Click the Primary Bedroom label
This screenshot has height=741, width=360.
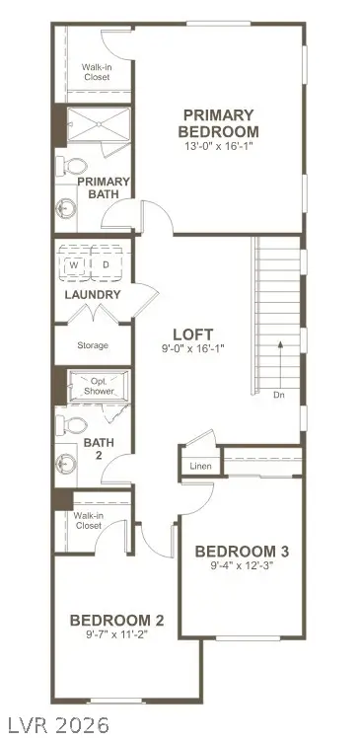coord(217,123)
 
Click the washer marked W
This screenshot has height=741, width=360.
coord(75,264)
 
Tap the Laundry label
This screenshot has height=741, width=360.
coord(93,295)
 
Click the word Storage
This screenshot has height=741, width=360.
coord(93,345)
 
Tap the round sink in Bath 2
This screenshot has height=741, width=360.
coord(67,462)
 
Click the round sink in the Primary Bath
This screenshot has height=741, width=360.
coord(67,207)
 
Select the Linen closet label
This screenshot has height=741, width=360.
coord(200,465)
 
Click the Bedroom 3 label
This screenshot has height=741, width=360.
coord(242,551)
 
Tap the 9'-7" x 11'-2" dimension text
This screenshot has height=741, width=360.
coord(116,635)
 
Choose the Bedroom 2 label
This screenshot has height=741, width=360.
coord(116,620)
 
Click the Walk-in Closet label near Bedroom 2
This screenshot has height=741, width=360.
coord(89,520)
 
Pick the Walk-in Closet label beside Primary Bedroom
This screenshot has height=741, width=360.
coord(96,71)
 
